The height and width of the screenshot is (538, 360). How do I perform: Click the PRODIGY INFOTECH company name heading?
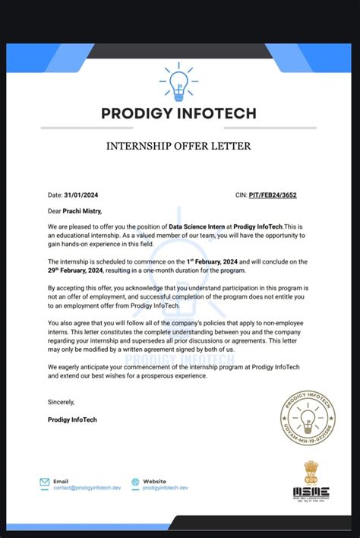point(179,114)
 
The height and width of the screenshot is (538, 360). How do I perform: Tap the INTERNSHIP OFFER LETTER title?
point(179,145)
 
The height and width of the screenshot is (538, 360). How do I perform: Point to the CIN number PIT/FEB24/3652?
point(276,195)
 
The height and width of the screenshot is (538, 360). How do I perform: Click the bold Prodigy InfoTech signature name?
point(72,419)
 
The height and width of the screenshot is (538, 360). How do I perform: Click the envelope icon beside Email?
point(45,482)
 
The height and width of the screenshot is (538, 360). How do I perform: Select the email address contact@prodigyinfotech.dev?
point(87,488)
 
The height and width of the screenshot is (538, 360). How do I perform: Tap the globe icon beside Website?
point(135,482)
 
